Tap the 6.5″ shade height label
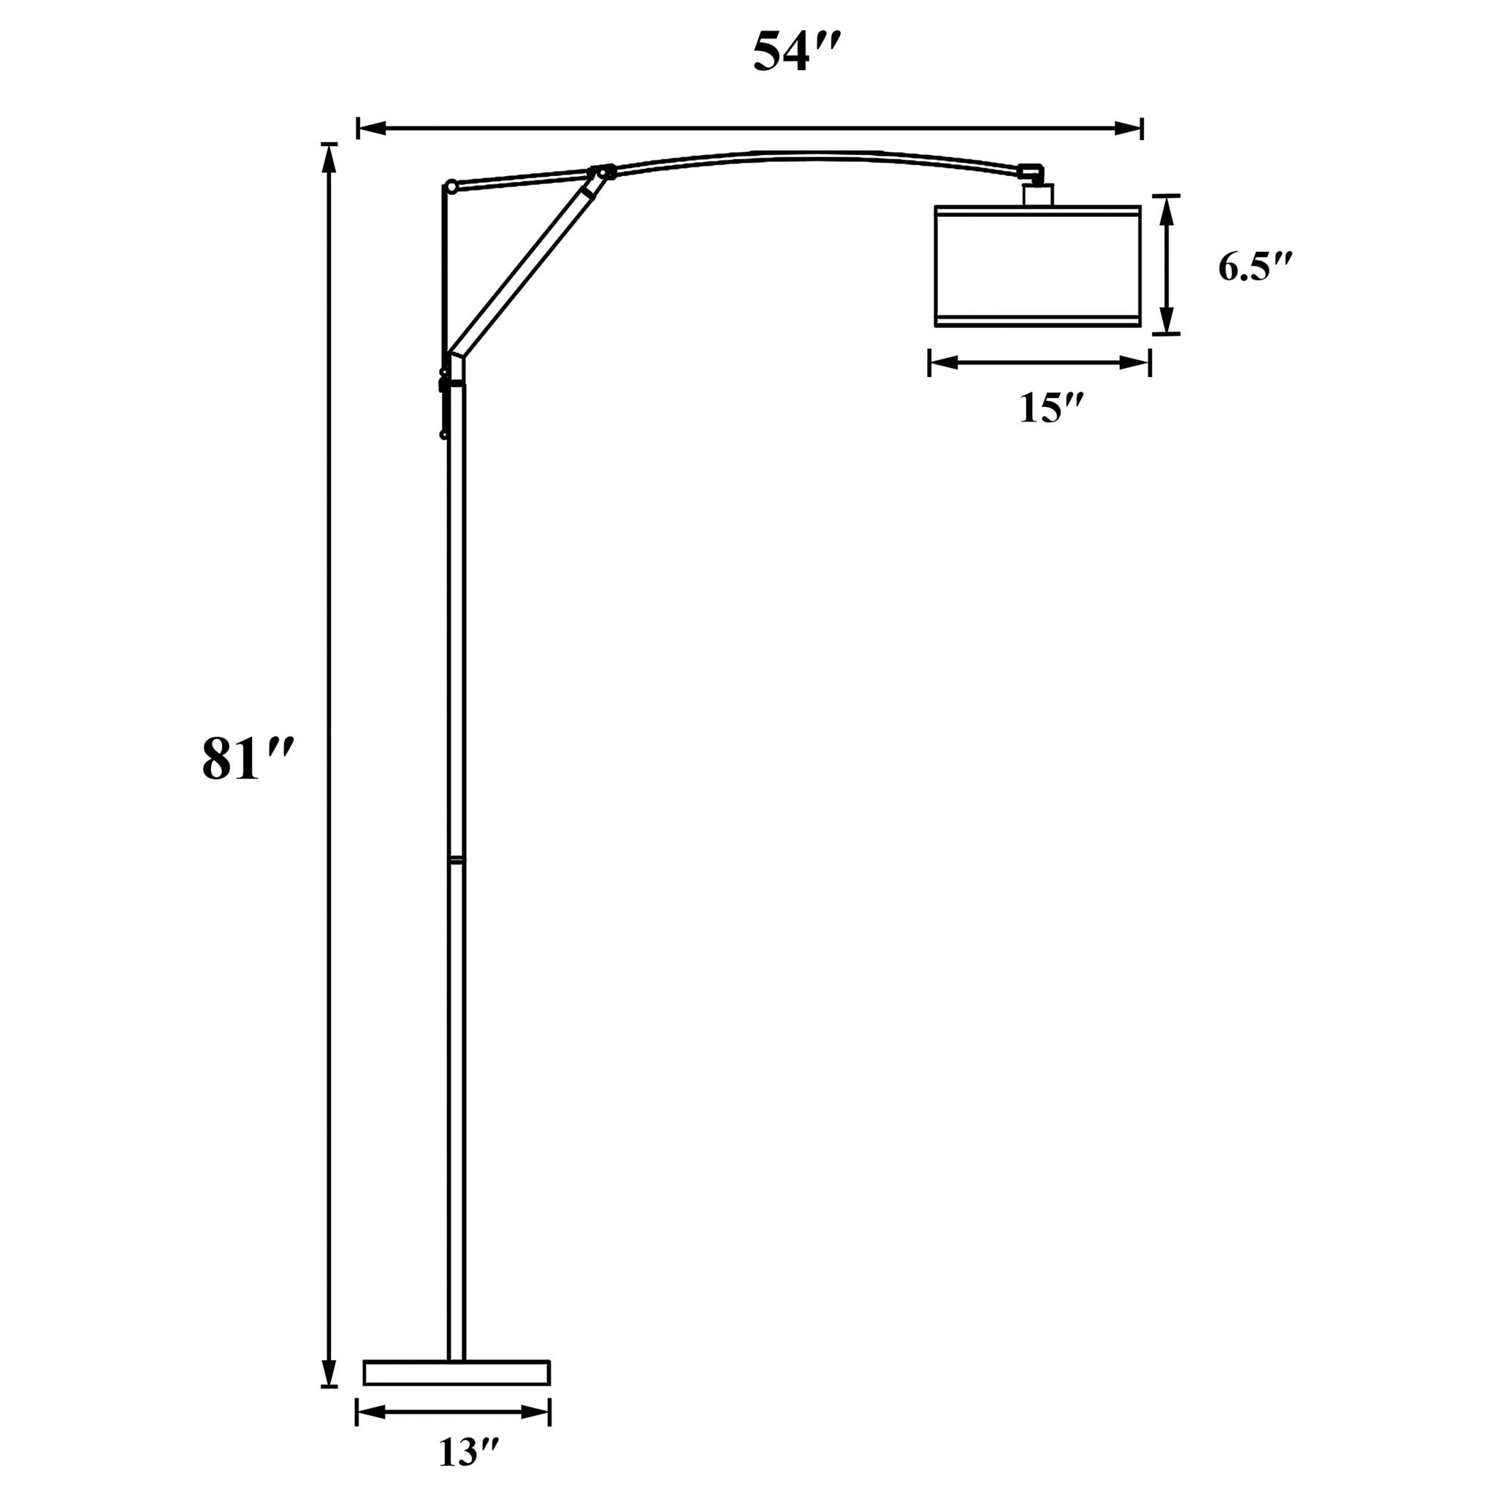(1255, 267)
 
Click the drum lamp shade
(1037, 266)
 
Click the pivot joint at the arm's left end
(451, 186)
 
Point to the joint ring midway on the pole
(457, 859)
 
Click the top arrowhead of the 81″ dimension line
(330, 158)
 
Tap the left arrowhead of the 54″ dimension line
(372, 129)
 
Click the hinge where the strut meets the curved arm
(603, 172)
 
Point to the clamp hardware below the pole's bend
(444, 402)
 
